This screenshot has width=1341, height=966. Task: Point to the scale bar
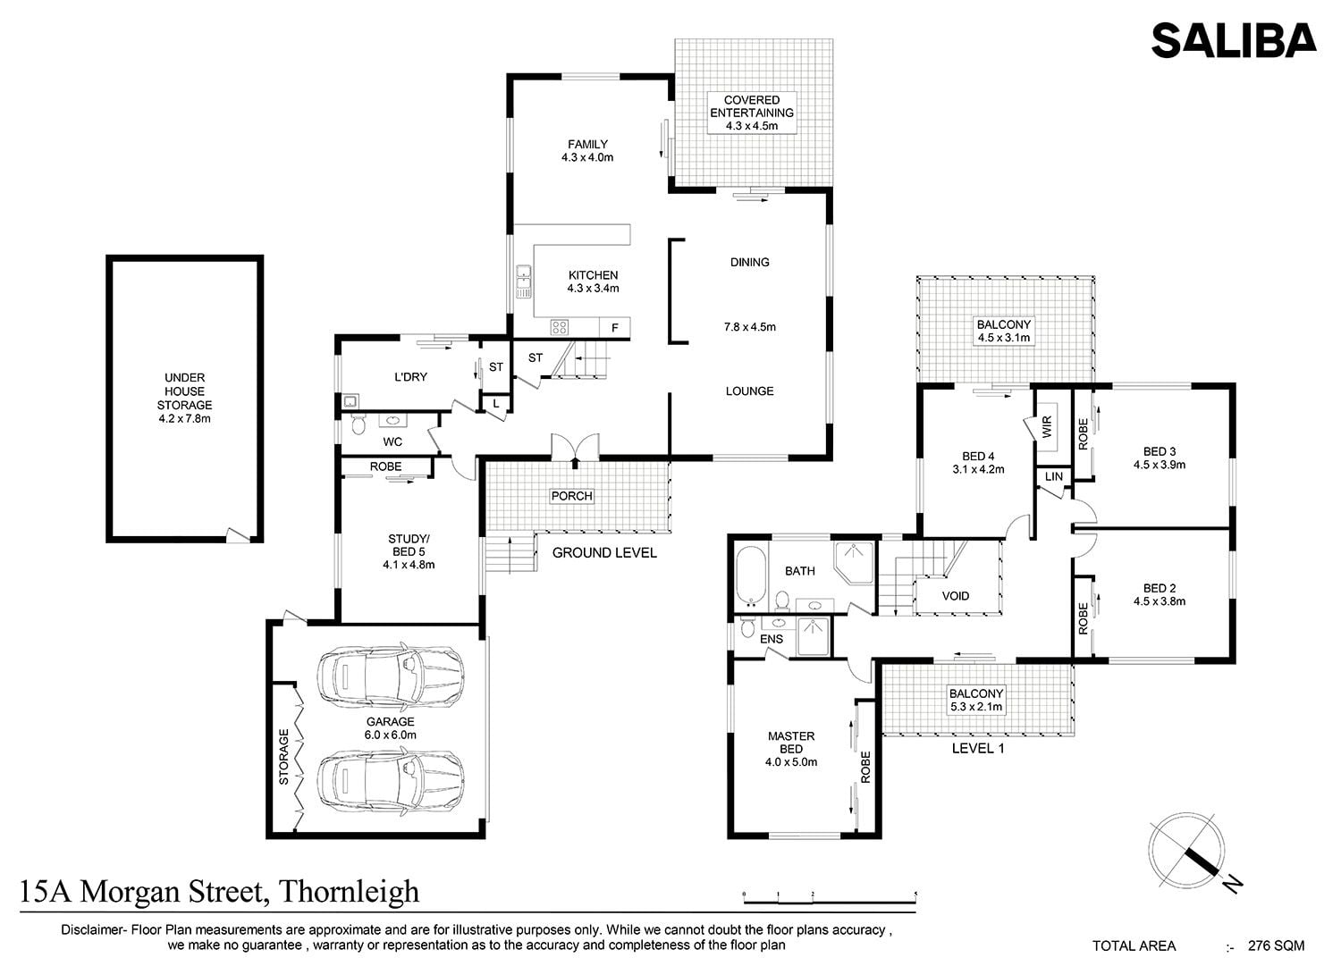[829, 898]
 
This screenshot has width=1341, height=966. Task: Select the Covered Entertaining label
[752, 113]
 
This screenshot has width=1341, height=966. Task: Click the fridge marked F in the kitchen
[614, 327]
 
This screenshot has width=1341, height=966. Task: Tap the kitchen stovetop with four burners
[560, 327]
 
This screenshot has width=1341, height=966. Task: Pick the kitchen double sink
[524, 281]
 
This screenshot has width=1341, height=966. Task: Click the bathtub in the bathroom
[750, 575]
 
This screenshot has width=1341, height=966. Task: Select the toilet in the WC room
[358, 424]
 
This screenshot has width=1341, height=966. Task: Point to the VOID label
[956, 596]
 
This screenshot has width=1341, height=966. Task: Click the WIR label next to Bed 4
[1047, 427]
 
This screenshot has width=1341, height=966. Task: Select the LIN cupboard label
[1054, 476]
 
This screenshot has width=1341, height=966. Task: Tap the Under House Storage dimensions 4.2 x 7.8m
[184, 419]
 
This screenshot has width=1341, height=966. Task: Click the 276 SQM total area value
[1276, 945]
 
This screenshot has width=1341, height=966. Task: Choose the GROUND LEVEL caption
[604, 553]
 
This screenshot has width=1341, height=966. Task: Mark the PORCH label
[572, 496]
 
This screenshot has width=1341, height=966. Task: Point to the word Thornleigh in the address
[349, 892]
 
